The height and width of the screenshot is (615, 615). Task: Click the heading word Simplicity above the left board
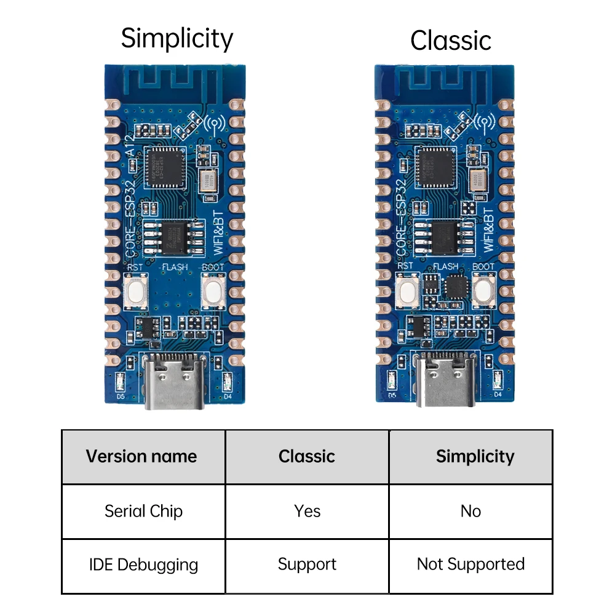(x=177, y=39)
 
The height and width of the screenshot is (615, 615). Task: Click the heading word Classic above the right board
(x=450, y=41)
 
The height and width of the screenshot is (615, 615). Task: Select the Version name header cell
(x=141, y=456)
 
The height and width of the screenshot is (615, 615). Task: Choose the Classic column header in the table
(x=306, y=456)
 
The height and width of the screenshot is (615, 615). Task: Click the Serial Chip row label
(x=143, y=511)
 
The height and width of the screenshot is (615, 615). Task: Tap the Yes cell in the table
(x=307, y=511)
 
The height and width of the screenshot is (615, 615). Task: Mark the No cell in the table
(x=470, y=511)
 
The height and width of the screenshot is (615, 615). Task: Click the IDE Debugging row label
(x=143, y=565)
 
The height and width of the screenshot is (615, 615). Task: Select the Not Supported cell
(x=470, y=565)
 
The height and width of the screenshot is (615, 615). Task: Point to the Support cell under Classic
(x=307, y=565)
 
